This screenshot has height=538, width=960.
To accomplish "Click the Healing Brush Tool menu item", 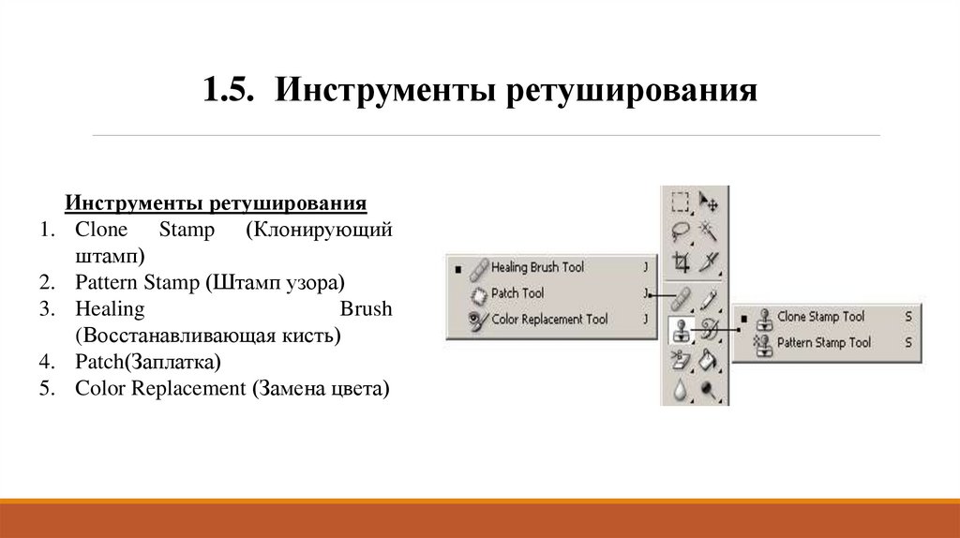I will pyautogui.click(x=536, y=268).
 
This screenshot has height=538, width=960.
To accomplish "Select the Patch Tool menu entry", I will pyautogui.click(x=517, y=293).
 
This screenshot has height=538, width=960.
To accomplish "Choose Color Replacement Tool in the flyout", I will pyautogui.click(x=549, y=320).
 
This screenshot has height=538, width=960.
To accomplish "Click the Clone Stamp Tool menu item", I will pyautogui.click(x=820, y=317).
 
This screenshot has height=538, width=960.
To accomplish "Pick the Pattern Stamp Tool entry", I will pyautogui.click(x=824, y=343).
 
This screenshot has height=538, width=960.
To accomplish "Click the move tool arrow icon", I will pyautogui.click(x=710, y=202).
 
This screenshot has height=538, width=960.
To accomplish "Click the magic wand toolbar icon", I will pyautogui.click(x=710, y=231).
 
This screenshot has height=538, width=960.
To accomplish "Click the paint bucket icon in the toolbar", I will pyautogui.click(x=710, y=359).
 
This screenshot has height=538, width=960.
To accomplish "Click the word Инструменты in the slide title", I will pyautogui.click(x=384, y=91).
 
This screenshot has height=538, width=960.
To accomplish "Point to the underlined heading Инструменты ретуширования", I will pyautogui.click(x=215, y=203).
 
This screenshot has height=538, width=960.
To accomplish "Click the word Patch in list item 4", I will pyautogui.click(x=97, y=361).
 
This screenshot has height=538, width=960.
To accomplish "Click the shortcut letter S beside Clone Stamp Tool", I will pyautogui.click(x=908, y=317).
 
